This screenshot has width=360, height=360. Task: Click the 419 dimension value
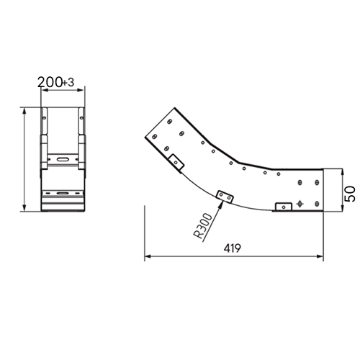tap(232, 248)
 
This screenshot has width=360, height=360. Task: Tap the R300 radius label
tap(203, 226)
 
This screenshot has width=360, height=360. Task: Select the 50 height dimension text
tap(350, 194)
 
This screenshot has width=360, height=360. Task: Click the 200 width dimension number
tap(50, 82)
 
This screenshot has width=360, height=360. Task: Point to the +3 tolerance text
tap(68, 83)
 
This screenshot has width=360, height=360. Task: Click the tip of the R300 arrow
tap(222, 201)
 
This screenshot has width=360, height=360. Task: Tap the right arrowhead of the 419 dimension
tap(320, 256)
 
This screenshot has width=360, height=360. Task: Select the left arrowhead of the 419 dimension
tap(148, 256)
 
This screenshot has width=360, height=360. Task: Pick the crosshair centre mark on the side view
tap(300, 204)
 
